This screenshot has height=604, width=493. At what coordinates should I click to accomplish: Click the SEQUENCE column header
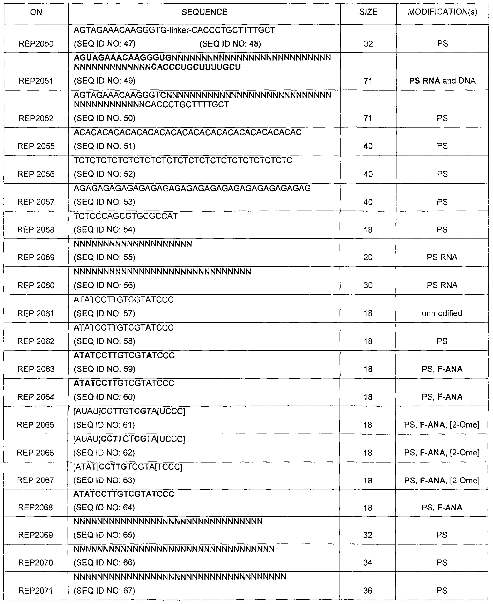204,12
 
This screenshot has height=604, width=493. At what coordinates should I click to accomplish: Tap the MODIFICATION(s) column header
443,12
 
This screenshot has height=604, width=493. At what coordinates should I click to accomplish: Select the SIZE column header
368,12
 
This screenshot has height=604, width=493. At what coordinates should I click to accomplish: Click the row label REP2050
36,44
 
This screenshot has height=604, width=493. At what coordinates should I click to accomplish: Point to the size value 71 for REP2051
368,81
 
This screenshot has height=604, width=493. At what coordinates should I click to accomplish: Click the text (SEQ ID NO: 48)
230,44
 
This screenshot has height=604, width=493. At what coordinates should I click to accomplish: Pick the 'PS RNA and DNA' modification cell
442,81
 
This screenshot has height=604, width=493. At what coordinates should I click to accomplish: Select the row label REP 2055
36,146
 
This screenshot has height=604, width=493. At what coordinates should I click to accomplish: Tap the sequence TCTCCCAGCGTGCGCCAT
126,216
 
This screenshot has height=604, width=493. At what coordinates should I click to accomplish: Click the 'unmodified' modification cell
442,313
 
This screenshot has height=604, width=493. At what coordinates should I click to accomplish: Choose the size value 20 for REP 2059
368,257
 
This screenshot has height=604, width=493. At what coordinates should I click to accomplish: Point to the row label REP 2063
36,369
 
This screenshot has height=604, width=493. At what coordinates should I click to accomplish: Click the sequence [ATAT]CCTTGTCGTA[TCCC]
128,467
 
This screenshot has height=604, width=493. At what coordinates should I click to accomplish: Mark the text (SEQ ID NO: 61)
104,425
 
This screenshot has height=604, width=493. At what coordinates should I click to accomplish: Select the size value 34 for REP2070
368,563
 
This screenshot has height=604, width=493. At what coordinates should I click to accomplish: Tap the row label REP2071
35,591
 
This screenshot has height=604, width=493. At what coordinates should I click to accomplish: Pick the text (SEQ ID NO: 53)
105,202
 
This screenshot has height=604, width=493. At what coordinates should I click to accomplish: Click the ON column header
36,12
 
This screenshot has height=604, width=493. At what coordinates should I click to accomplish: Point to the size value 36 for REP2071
368,591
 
